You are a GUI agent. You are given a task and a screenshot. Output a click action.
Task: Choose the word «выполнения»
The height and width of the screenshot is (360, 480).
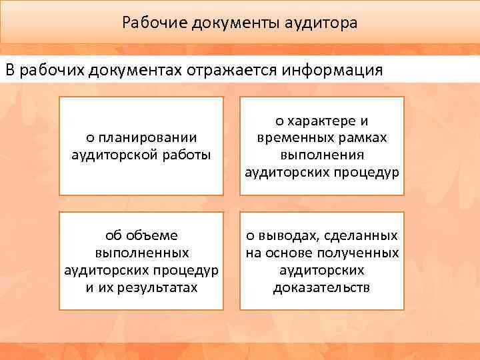pos(322,155)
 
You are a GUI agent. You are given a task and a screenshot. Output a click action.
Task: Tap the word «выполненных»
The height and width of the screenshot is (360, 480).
pos(141,253)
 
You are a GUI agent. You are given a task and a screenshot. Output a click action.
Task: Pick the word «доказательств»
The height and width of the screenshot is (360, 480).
pos(322,288)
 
